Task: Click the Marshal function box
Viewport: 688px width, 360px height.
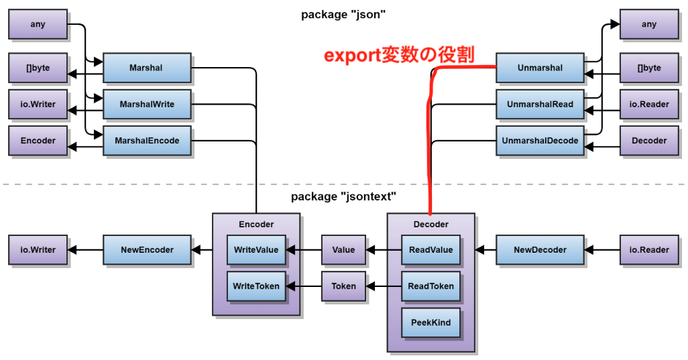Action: pyautogui.click(x=147, y=68)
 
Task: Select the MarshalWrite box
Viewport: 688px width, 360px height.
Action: pyautogui.click(x=147, y=105)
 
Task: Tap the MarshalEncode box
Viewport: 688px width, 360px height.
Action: pyautogui.click(x=147, y=141)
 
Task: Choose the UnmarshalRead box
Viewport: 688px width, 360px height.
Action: pyautogui.click(x=540, y=105)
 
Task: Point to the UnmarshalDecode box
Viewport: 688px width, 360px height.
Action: pyautogui.click(x=540, y=141)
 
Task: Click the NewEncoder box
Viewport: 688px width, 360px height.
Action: pyautogui.click(x=147, y=250)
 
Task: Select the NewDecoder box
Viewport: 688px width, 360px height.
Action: pyautogui.click(x=540, y=250)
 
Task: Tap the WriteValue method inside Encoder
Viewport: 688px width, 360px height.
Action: pyautogui.click(x=256, y=250)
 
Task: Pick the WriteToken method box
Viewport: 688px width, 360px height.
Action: pyautogui.click(x=256, y=286)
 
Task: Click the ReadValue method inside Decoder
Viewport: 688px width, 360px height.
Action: pyautogui.click(x=431, y=250)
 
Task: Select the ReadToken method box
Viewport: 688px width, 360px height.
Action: pyautogui.click(x=431, y=286)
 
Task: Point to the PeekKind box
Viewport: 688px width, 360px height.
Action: pyautogui.click(x=431, y=323)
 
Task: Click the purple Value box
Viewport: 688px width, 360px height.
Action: pyautogui.click(x=343, y=250)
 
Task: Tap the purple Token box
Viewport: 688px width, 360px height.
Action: pyautogui.click(x=343, y=286)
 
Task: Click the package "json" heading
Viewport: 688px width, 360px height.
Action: pyautogui.click(x=344, y=15)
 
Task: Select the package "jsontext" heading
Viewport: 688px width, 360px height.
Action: pyautogui.click(x=344, y=196)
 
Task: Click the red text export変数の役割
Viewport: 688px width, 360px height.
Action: pyautogui.click(x=399, y=55)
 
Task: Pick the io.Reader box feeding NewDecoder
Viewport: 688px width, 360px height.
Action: pyautogui.click(x=648, y=250)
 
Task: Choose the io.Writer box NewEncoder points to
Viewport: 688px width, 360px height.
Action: pyautogui.click(x=38, y=250)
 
